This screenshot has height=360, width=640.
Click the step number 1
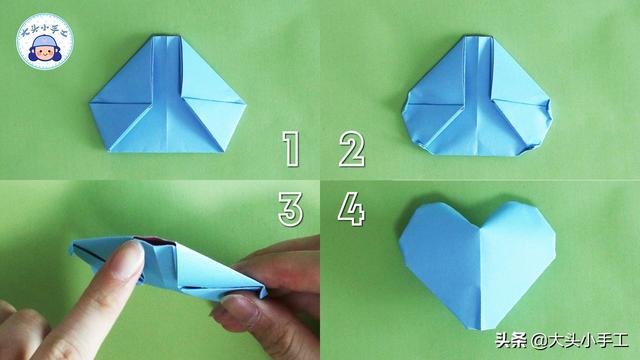(x=291, y=149)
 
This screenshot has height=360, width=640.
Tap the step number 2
(x=351, y=149)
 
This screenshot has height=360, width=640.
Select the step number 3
(x=291, y=209)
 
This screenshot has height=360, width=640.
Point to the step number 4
(x=351, y=209)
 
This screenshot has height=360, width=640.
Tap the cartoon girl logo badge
(x=44, y=41)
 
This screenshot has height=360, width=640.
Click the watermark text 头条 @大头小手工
(x=562, y=340)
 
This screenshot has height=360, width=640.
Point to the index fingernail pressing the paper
(x=130, y=259)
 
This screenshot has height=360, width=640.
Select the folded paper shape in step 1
(x=168, y=95)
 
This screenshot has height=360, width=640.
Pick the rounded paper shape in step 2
(x=477, y=96)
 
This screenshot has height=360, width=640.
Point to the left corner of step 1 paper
(x=90, y=102)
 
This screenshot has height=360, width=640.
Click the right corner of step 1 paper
(x=246, y=105)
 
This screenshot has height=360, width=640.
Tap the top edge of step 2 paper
(x=478, y=37)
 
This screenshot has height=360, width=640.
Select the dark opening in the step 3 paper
(x=154, y=241)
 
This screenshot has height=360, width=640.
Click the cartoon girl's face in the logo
(x=43, y=52)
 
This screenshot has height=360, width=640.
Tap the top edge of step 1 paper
(x=167, y=36)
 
